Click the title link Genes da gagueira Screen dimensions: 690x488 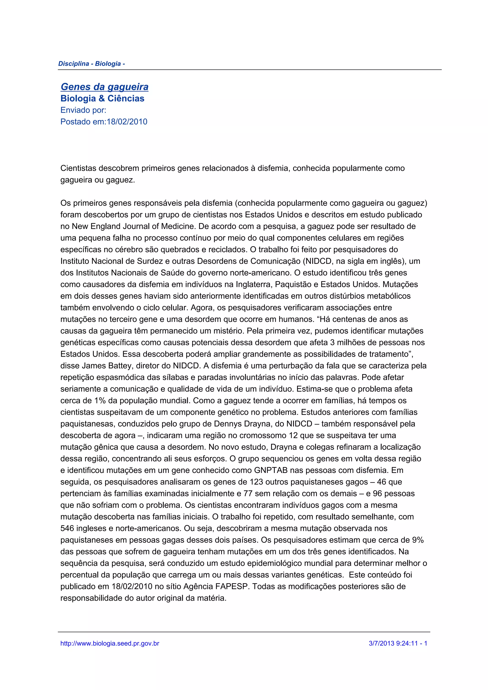[104, 87]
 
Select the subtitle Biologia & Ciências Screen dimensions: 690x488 [102, 99]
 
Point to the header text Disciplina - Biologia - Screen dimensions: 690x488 [91, 64]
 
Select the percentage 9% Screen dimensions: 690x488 [418, 540]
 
